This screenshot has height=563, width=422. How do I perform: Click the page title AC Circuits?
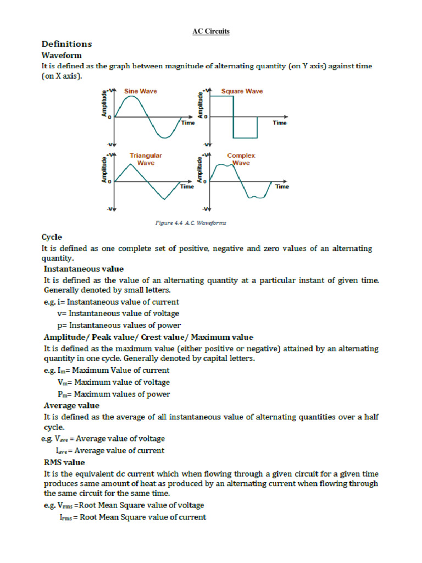211,31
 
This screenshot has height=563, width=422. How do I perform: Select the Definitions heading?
66,44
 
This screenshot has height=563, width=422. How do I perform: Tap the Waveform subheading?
62,56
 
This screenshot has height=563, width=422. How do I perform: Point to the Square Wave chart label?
242,91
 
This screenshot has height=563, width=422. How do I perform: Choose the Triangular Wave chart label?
146,159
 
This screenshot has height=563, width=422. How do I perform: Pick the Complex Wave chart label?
241,159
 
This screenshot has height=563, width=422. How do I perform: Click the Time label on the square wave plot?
280,123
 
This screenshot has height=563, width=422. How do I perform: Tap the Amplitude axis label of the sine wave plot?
104,105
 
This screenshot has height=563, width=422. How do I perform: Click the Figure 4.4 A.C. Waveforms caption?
189,223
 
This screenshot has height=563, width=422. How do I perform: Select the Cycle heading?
52,237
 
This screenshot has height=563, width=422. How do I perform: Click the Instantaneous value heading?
84,269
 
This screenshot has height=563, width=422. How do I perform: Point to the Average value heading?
71,405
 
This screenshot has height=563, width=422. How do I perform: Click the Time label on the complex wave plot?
282,186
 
